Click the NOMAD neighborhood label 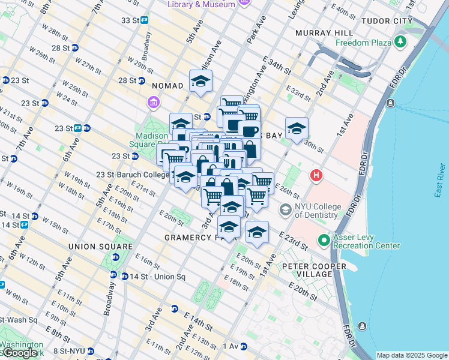pyautogui.click(x=167, y=86)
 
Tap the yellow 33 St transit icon pyautogui.click(x=145, y=20)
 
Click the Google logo pyautogui.click(x=20, y=353)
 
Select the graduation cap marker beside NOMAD pyautogui.click(x=201, y=82)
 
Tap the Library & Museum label pyautogui.click(x=201, y=4)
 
